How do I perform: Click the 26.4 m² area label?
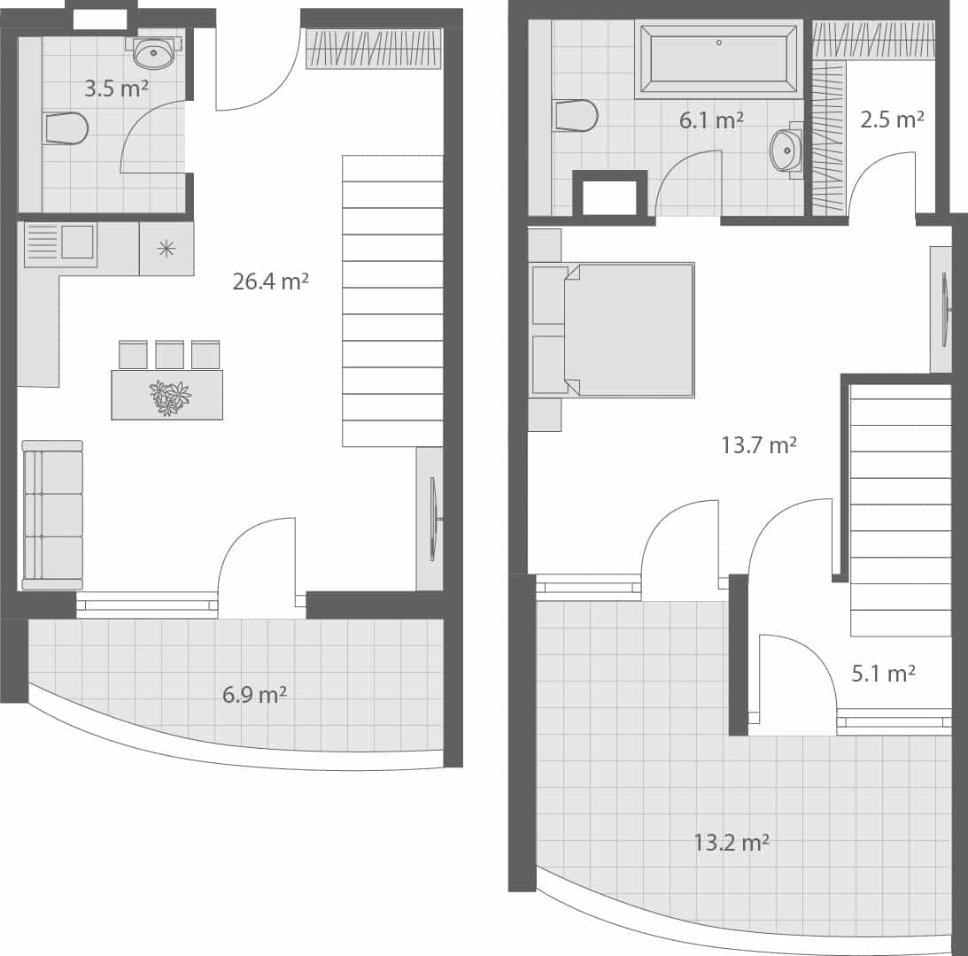click(x=270, y=282)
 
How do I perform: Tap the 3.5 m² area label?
click(x=116, y=89)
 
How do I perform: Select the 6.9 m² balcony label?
click(x=254, y=694)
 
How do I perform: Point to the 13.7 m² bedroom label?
click(x=758, y=445)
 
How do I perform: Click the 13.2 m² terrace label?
click(x=731, y=842)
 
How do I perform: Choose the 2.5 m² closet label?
click(x=892, y=119)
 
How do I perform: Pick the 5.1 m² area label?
click(x=883, y=674)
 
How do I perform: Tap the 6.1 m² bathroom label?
click(x=710, y=120)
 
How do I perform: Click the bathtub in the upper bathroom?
click(x=718, y=58)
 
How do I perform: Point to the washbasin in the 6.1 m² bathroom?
click(x=786, y=150)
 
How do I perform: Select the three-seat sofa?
click(x=52, y=514)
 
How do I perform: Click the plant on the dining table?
click(x=168, y=397)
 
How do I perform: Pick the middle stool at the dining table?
click(x=169, y=355)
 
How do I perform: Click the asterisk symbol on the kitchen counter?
click(x=166, y=248)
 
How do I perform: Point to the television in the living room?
click(x=433, y=519)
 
